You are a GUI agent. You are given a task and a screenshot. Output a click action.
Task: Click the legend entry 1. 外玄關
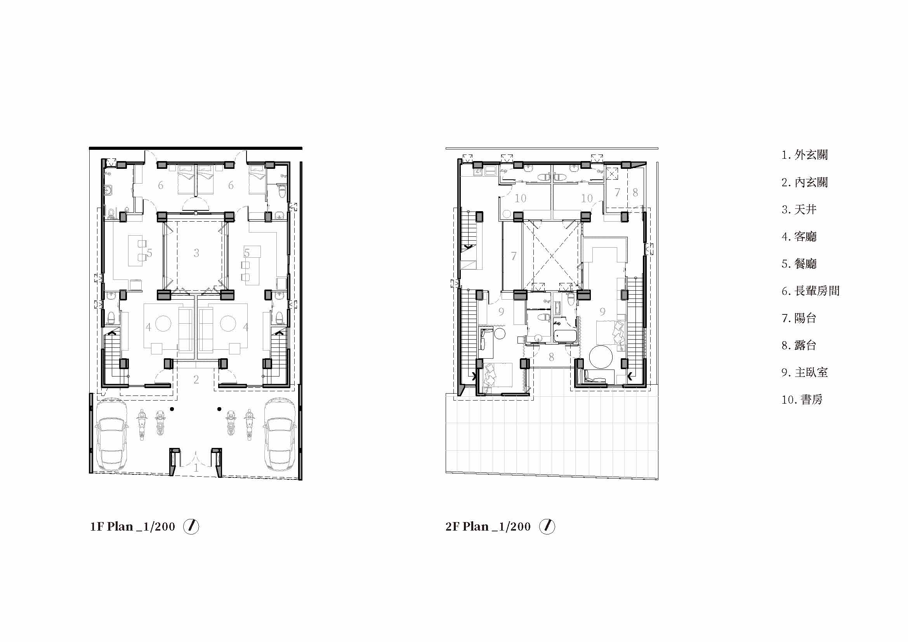(x=804, y=154)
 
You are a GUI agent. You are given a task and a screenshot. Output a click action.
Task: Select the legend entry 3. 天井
(x=799, y=209)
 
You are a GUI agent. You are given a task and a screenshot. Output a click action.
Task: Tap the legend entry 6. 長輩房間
(x=810, y=291)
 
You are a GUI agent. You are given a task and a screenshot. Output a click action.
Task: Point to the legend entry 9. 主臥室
(x=804, y=372)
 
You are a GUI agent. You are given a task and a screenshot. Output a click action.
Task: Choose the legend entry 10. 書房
(x=802, y=400)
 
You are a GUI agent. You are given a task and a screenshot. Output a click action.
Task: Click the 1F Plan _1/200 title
(x=132, y=527)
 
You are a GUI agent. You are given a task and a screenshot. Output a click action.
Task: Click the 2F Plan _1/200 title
(x=488, y=527)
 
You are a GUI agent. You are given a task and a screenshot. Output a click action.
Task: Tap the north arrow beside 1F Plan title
(x=191, y=527)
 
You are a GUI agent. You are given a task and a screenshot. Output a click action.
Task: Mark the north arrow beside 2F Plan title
(x=547, y=527)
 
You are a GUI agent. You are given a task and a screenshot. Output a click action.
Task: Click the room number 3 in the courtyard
(x=196, y=253)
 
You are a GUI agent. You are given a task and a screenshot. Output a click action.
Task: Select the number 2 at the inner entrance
(x=196, y=380)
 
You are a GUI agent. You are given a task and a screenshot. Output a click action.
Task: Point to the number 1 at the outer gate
(x=196, y=468)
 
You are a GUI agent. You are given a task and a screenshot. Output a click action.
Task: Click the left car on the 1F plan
(x=112, y=434)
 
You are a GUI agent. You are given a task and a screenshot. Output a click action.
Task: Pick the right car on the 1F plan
(x=280, y=434)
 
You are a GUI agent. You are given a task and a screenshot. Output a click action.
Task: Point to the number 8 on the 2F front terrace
(x=551, y=357)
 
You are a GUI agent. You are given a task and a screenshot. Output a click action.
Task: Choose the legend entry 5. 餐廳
(x=799, y=264)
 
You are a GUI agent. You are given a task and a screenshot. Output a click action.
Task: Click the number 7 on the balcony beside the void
(x=514, y=257)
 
